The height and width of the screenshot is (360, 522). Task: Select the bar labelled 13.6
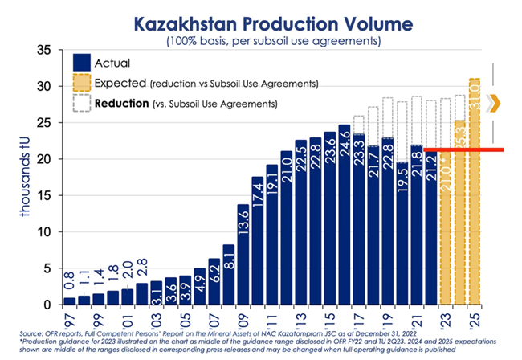click(x=243, y=257)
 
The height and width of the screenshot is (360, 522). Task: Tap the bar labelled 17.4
click(x=257, y=241)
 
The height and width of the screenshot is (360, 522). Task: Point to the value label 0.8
click(x=69, y=283)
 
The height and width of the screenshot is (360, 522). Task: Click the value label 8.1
click(x=228, y=260)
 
